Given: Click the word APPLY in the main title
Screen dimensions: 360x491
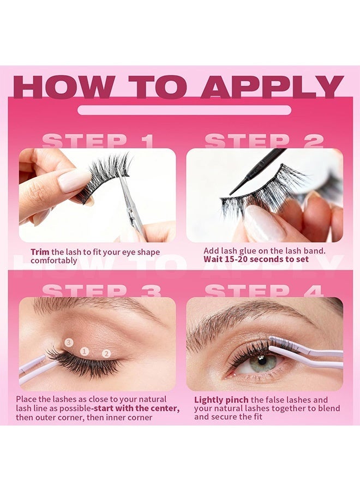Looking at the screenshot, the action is (272, 87).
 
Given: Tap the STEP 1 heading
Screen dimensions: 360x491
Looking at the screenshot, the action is (98, 141).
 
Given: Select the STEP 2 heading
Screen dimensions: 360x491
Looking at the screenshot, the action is (264, 141).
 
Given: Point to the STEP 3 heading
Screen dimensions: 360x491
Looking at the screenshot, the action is (101, 291).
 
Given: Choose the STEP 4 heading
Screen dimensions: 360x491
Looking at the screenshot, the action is (264, 291).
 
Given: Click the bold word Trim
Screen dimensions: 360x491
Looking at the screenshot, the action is (40, 252).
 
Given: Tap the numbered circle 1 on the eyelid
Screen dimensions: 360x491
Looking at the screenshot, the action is (84, 351).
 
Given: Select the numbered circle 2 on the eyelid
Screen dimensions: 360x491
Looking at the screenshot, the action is (106, 354).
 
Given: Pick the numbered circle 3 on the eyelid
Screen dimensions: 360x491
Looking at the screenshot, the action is (69, 342).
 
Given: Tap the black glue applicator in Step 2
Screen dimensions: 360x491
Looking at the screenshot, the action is (257, 171).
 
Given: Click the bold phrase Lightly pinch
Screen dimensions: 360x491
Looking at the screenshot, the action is (221, 400).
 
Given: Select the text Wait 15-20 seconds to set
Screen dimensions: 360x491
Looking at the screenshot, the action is (256, 259).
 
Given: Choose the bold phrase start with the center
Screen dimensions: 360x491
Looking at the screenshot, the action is (136, 408).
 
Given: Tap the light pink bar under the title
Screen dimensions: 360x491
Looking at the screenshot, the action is (184, 110).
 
